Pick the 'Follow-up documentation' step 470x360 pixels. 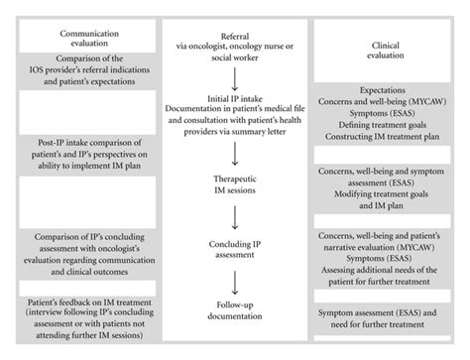click(235, 309)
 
